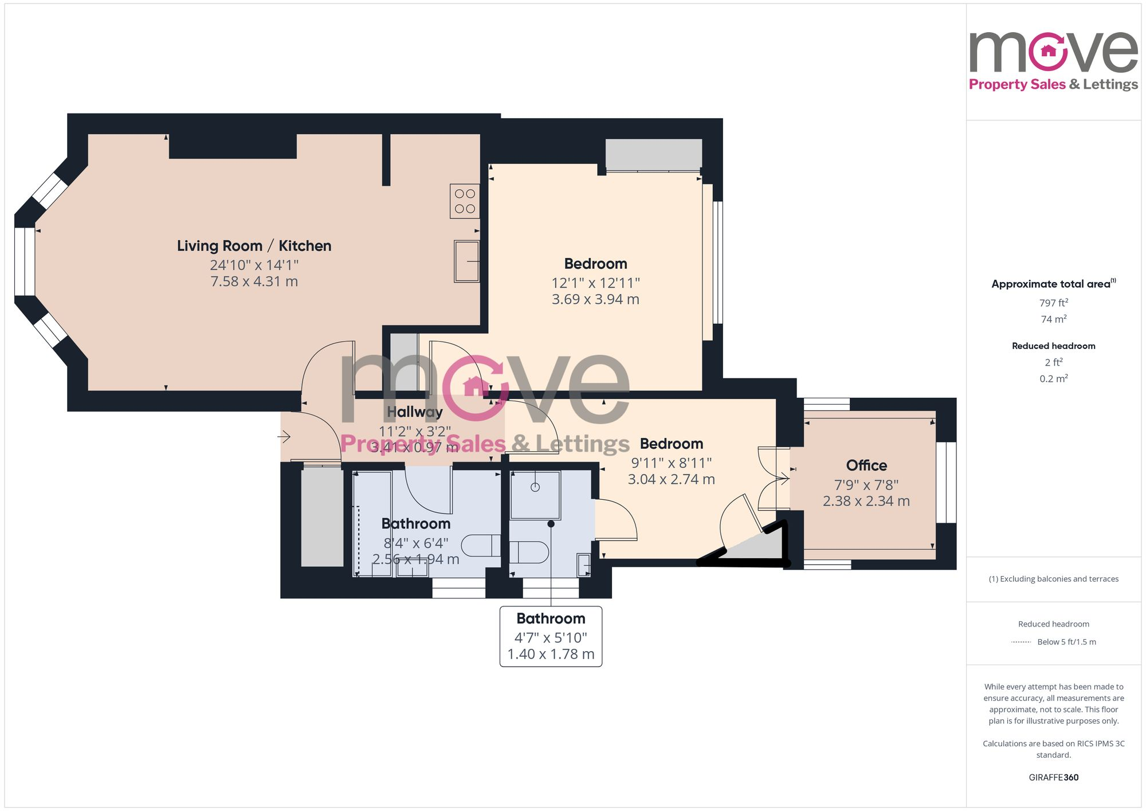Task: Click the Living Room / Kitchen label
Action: pyautogui.click(x=254, y=246)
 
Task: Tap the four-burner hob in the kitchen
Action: pyautogui.click(x=465, y=201)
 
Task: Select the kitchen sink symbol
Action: pyautogui.click(x=466, y=261)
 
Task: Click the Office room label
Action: pyautogui.click(x=866, y=465)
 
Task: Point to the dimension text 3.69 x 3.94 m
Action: pyautogui.click(x=595, y=299)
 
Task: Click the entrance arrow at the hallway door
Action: pyautogui.click(x=284, y=437)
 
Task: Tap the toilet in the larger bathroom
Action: pyautogui.click(x=480, y=546)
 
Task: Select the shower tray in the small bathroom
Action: pyautogui.click(x=535, y=495)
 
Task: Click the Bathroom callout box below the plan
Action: pyautogui.click(x=551, y=636)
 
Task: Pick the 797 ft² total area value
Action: pyautogui.click(x=1053, y=303)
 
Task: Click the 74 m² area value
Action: pyautogui.click(x=1053, y=319)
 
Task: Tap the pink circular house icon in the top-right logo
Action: pyautogui.click(x=1048, y=52)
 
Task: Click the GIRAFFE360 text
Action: pyautogui.click(x=1053, y=777)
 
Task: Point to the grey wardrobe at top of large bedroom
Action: pyautogui.click(x=653, y=154)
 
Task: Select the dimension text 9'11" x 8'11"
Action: pyautogui.click(x=671, y=463)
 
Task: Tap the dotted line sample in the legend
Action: pyautogui.click(x=1021, y=642)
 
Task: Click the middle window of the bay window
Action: pyautogui.click(x=25, y=261)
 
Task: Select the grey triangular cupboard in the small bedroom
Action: pyautogui.click(x=759, y=547)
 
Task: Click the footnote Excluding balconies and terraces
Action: pyautogui.click(x=1053, y=579)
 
